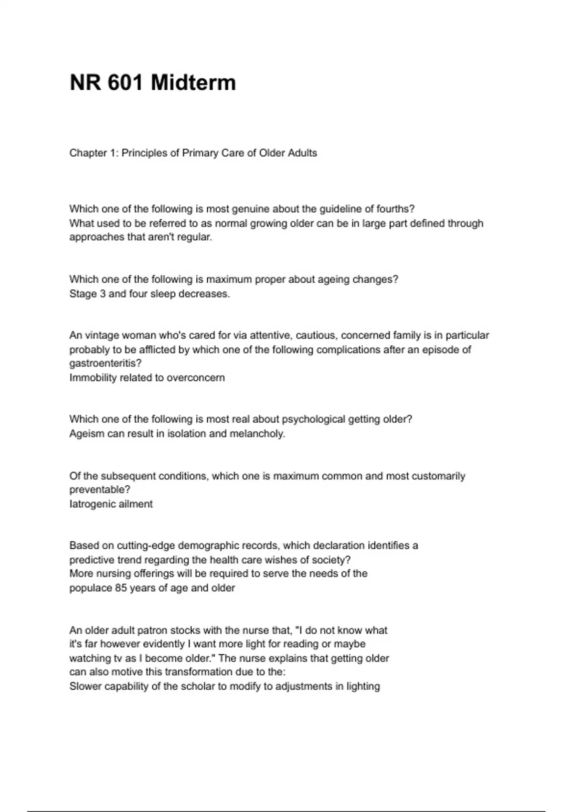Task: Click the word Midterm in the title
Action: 193,83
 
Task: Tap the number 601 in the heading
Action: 125,83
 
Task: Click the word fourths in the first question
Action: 394,209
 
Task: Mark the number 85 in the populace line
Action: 120,588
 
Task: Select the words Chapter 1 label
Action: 93,153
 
